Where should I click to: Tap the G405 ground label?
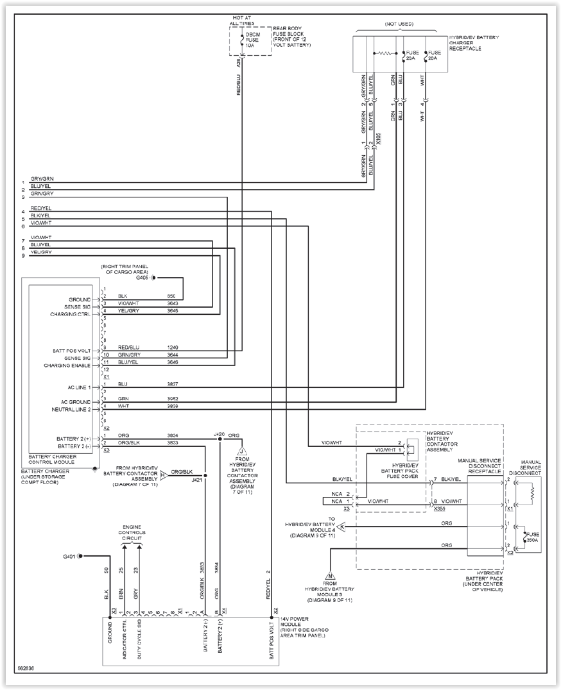coord(142,278)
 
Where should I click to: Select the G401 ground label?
coord(70,556)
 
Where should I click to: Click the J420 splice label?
coord(220,434)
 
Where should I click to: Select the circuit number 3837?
coord(173,384)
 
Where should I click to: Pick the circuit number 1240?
coord(173,347)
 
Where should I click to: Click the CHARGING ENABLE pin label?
coord(67,366)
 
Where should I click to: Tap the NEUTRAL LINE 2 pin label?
coord(71,409)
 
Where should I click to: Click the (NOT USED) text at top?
coord(399,24)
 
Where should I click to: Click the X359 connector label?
coord(439,509)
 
